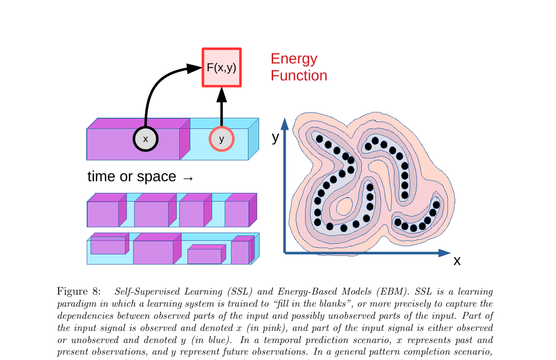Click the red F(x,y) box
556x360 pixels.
(221, 67)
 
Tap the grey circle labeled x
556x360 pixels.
(145, 139)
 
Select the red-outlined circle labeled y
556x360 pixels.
(221, 139)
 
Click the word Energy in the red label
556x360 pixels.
(294, 59)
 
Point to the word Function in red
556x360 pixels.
(299, 76)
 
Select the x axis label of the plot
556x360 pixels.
(457, 261)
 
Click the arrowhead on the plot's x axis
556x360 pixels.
(445, 252)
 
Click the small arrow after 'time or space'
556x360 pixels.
(188, 178)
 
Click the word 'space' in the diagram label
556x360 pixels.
(157, 177)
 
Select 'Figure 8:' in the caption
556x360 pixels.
(78, 292)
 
